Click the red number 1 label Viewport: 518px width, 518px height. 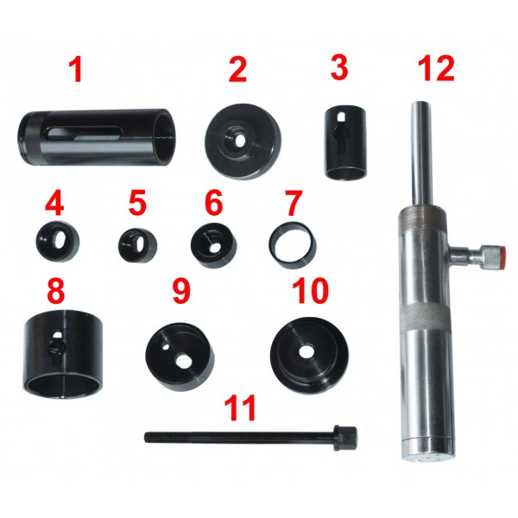(x=76, y=70)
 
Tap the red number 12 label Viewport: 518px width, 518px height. (x=436, y=69)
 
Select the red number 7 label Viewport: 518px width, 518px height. (x=293, y=202)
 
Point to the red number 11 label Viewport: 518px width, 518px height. (x=240, y=407)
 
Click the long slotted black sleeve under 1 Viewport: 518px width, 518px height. (x=97, y=136)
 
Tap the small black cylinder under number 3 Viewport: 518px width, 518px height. (x=345, y=142)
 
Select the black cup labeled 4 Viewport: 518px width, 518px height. (x=57, y=241)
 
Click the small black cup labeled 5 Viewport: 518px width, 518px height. (x=137, y=245)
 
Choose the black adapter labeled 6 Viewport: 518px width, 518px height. (x=214, y=245)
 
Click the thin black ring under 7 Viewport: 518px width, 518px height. (x=293, y=245)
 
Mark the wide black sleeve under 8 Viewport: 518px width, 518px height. (x=63, y=355)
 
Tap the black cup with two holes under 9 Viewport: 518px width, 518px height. (x=180, y=357)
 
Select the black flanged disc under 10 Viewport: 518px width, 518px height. (x=309, y=356)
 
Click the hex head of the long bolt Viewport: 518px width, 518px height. (x=345, y=439)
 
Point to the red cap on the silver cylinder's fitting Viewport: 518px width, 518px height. (x=503, y=257)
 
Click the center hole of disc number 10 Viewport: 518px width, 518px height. (x=307, y=352)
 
